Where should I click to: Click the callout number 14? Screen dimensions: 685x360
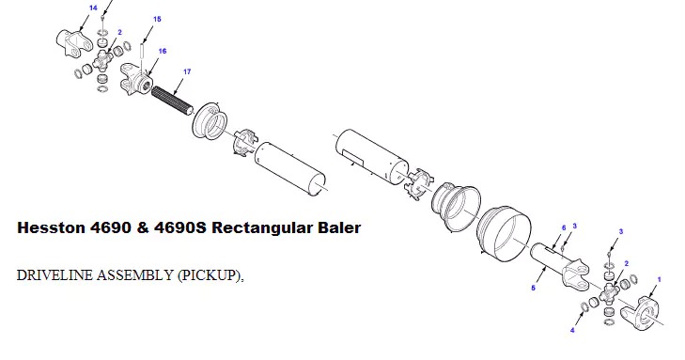pyautogui.click(x=93, y=8)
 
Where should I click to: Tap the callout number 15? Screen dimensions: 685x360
pyautogui.click(x=156, y=19)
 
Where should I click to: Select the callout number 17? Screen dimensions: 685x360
pyautogui.click(x=187, y=71)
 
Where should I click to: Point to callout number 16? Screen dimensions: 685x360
pyautogui.click(x=163, y=52)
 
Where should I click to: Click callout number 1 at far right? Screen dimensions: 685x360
pyautogui.click(x=659, y=279)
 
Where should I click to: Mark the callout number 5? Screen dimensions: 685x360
pyautogui.click(x=534, y=289)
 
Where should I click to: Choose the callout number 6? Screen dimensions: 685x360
pyautogui.click(x=563, y=227)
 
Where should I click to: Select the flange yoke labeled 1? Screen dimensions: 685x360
pyautogui.click(x=646, y=310)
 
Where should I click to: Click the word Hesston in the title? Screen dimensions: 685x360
pyautogui.click(x=55, y=228)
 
